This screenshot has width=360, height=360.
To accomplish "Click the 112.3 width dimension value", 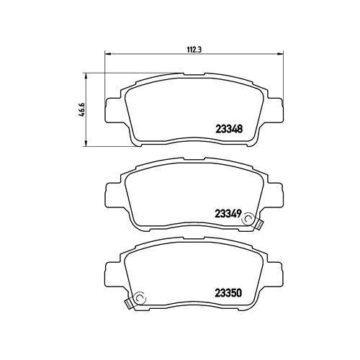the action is coord(194,50).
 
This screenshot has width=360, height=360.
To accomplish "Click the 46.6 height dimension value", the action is coord(82,109).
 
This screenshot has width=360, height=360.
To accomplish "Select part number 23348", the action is coord(229,129).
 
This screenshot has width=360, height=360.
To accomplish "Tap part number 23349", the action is coord(228,213).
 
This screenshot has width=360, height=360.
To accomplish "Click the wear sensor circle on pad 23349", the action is coord(248,219).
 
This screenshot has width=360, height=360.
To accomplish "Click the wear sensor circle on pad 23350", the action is coord(140,298).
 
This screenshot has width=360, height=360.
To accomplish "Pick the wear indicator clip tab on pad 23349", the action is coord(259,224).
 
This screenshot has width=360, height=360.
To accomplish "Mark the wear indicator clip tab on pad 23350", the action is coord(128,304).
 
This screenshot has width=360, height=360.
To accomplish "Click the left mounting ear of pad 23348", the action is coord(112,109).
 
